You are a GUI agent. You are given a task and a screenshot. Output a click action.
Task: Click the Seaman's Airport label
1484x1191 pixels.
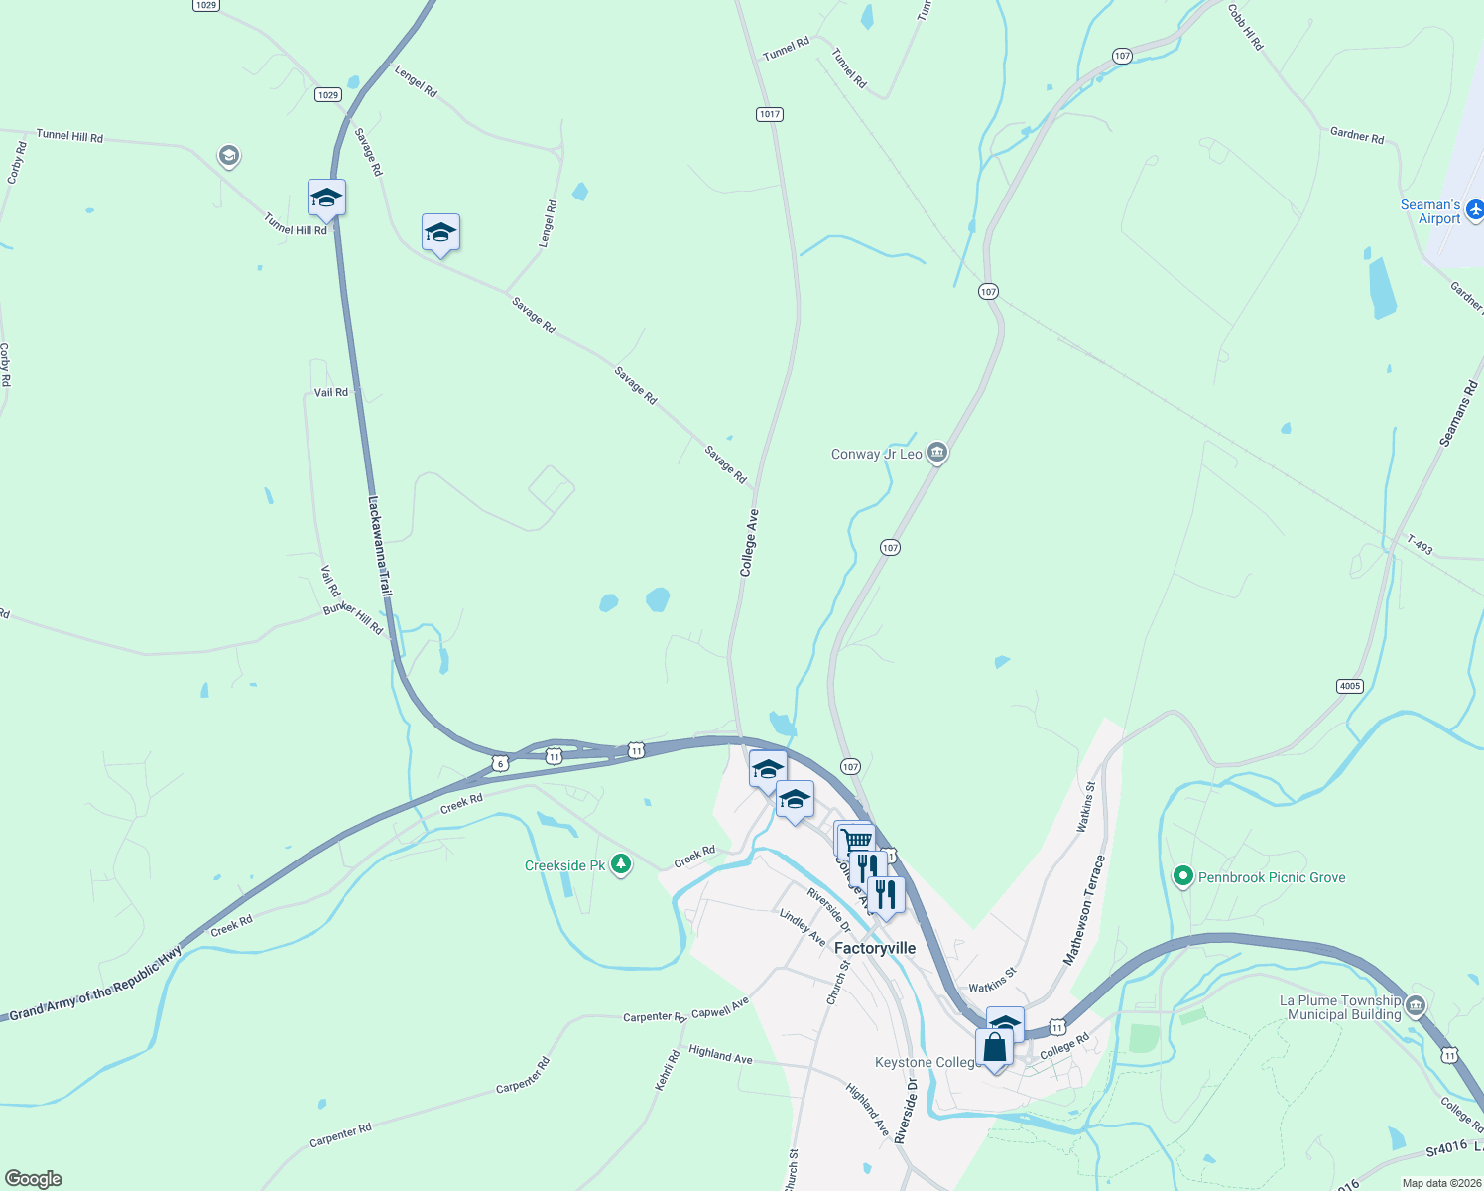[x=1429, y=211]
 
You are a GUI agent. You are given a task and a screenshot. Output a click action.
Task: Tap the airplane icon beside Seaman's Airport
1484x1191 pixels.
[x=1475, y=209]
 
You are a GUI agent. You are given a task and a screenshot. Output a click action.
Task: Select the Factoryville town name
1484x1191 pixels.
[x=875, y=948]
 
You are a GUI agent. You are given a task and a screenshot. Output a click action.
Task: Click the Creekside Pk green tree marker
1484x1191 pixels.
[x=621, y=865]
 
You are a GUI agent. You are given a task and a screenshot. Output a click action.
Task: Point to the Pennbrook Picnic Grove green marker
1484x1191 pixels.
[x=1182, y=877]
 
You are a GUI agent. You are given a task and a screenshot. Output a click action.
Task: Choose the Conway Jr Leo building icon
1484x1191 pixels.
[x=937, y=454]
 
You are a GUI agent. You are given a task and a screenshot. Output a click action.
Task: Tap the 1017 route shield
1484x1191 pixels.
[x=770, y=114]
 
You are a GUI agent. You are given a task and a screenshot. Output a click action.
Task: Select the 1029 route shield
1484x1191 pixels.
[x=328, y=94]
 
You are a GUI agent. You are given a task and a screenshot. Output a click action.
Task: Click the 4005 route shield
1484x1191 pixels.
[x=1349, y=686]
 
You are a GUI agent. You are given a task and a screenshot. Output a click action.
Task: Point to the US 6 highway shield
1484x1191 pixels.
[x=501, y=763]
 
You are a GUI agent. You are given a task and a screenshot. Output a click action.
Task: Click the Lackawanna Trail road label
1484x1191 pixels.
[x=380, y=547]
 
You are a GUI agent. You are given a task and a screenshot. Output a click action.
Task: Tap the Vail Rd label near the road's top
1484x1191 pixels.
[x=331, y=393]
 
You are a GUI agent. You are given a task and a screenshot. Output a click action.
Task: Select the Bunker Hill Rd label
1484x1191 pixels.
[x=353, y=617]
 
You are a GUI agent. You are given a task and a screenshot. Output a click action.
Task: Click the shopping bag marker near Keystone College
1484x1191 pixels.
[x=994, y=1049]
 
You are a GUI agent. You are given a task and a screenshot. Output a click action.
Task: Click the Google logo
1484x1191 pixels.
[x=34, y=1179]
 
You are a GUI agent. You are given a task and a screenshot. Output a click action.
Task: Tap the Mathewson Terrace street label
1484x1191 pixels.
[x=1083, y=909]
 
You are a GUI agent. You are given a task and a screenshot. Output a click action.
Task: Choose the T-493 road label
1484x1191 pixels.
[x=1420, y=546]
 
